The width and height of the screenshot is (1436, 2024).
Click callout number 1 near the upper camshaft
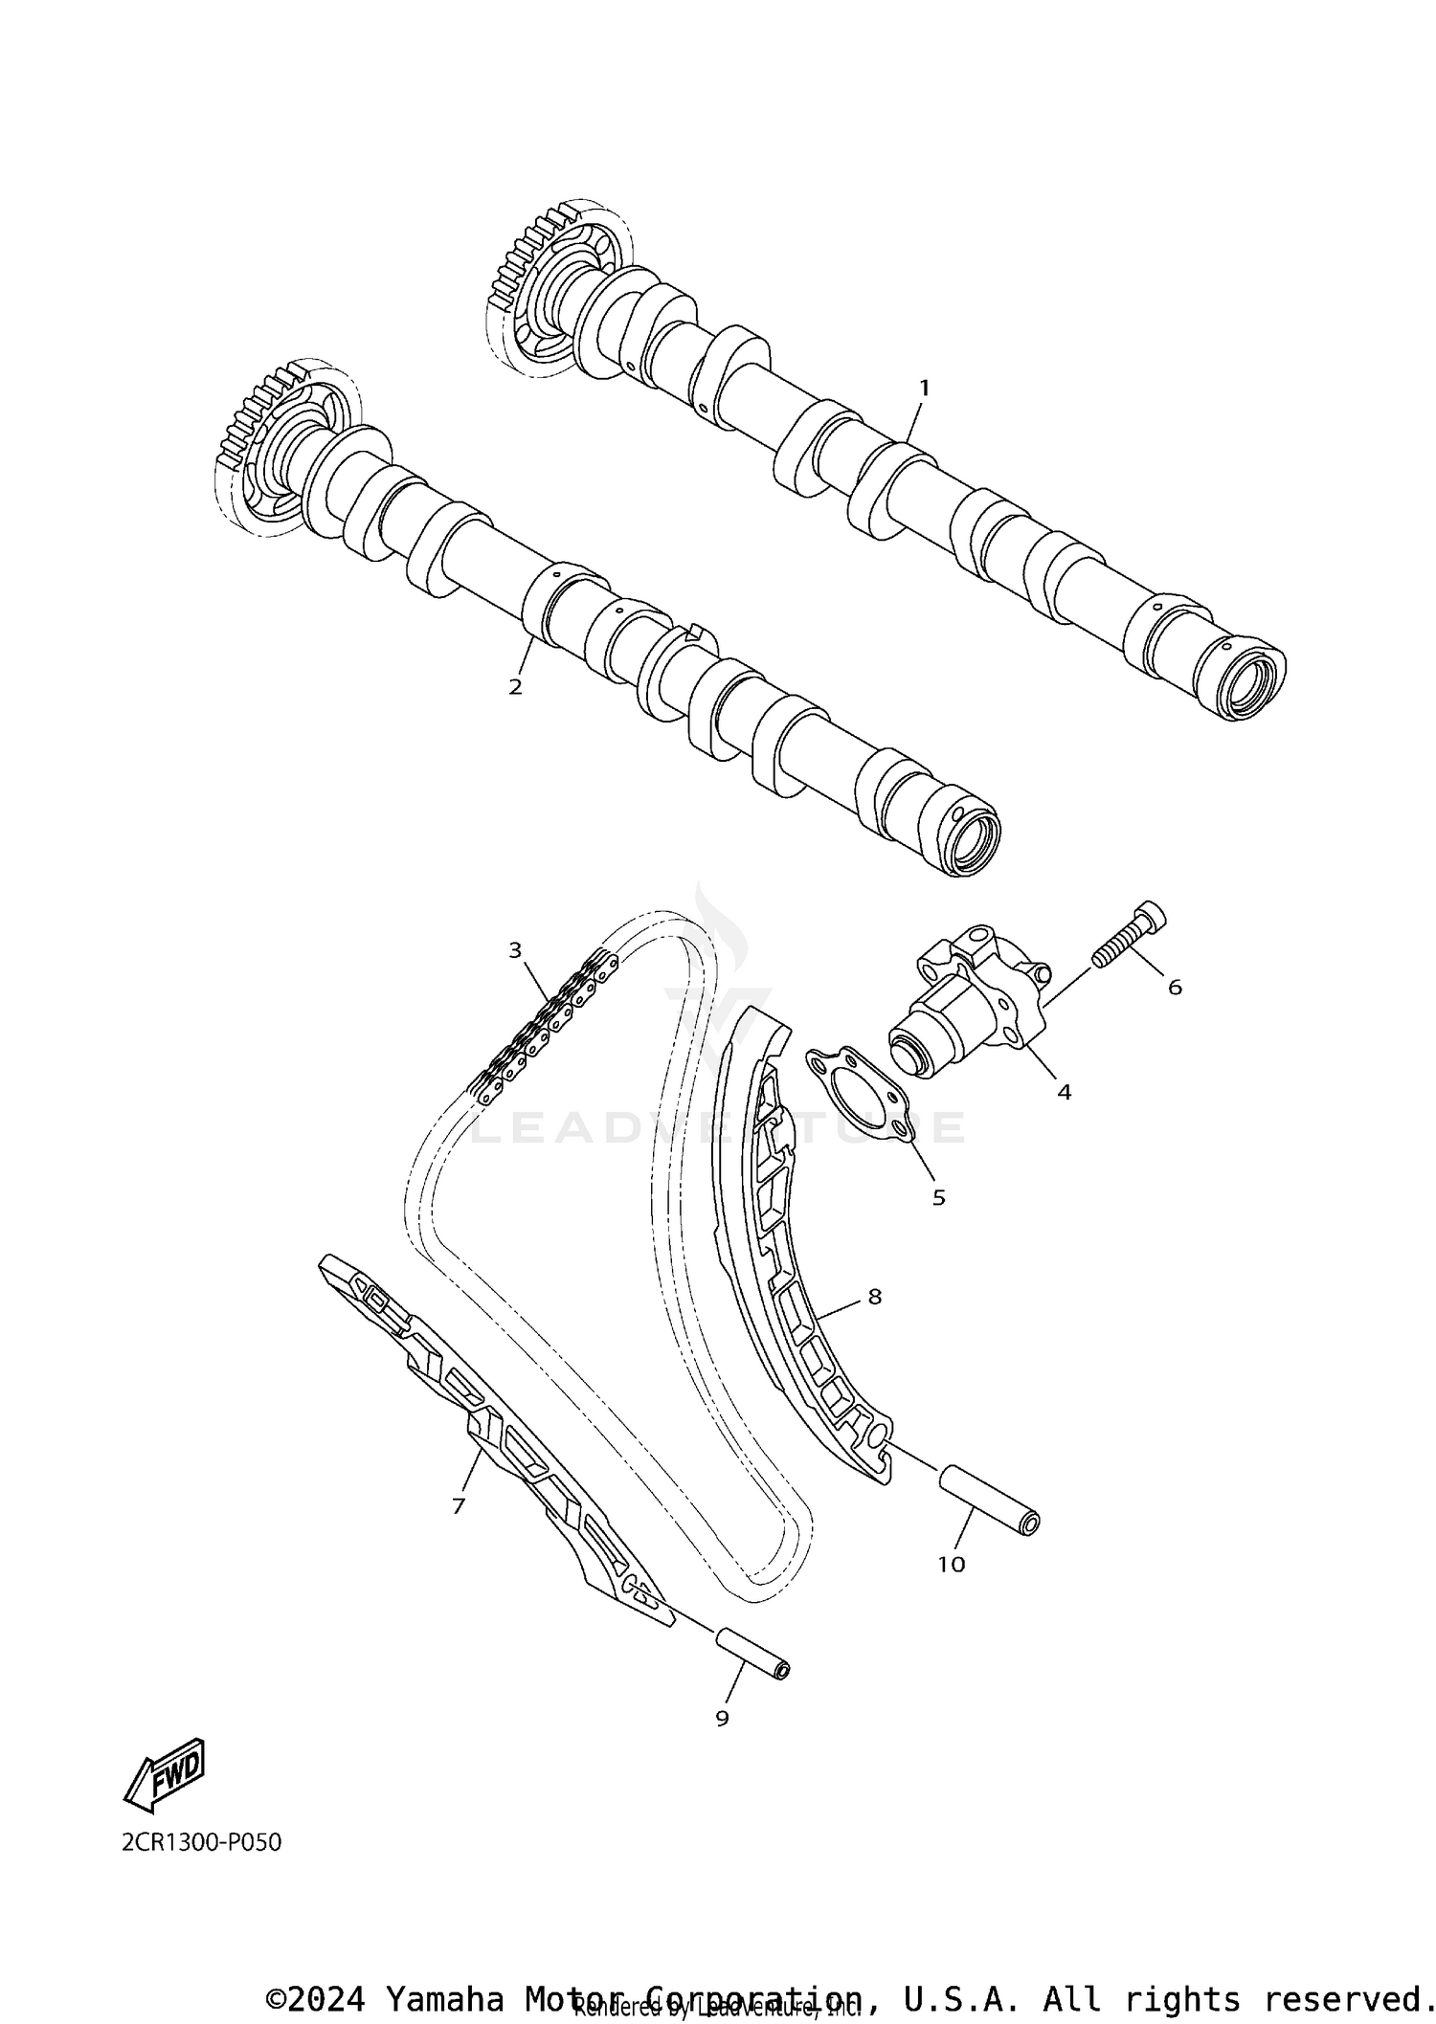pyautogui.click(x=924, y=389)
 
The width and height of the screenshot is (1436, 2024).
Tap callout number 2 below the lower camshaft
pyautogui.click(x=515, y=686)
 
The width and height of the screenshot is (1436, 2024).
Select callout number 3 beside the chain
pyautogui.click(x=515, y=949)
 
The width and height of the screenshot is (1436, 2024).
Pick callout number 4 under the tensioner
pyautogui.click(x=1064, y=1092)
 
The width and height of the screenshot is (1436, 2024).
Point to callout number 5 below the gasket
pyautogui.click(x=938, y=1197)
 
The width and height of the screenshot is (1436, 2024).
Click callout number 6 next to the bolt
pyautogui.click(x=1175, y=987)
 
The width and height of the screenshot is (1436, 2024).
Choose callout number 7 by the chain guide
pyautogui.click(x=459, y=1506)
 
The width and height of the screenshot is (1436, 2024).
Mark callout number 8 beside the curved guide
pyautogui.click(x=874, y=1297)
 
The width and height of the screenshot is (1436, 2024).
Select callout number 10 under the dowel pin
pyautogui.click(x=951, y=1565)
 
